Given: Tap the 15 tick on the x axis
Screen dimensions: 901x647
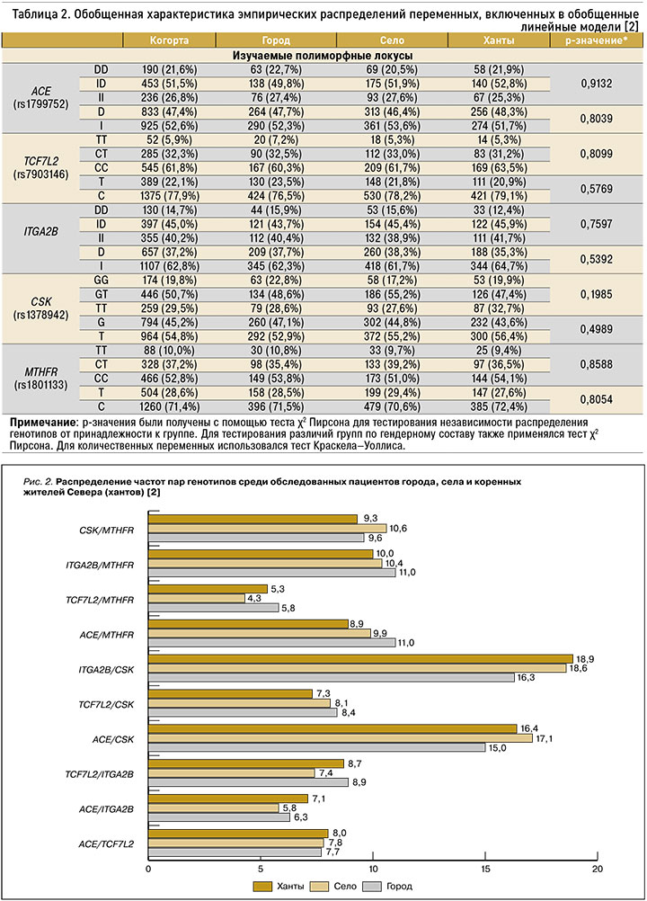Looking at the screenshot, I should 486,869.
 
